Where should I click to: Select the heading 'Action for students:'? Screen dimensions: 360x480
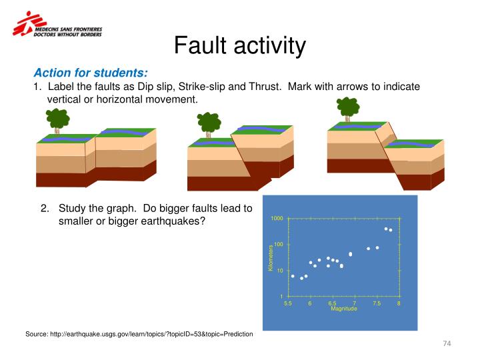click(91, 73)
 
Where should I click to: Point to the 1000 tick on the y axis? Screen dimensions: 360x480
click(277, 219)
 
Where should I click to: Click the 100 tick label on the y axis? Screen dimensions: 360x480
click(279, 245)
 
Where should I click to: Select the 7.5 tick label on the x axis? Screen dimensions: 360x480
click(377, 303)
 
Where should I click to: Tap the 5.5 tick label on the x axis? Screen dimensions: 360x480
click(288, 303)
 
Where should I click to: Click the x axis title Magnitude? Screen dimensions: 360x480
click(344, 309)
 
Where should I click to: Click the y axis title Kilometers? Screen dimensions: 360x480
click(271, 258)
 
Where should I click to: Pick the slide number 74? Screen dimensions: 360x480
click(447, 343)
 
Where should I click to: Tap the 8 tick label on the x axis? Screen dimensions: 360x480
click(399, 303)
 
